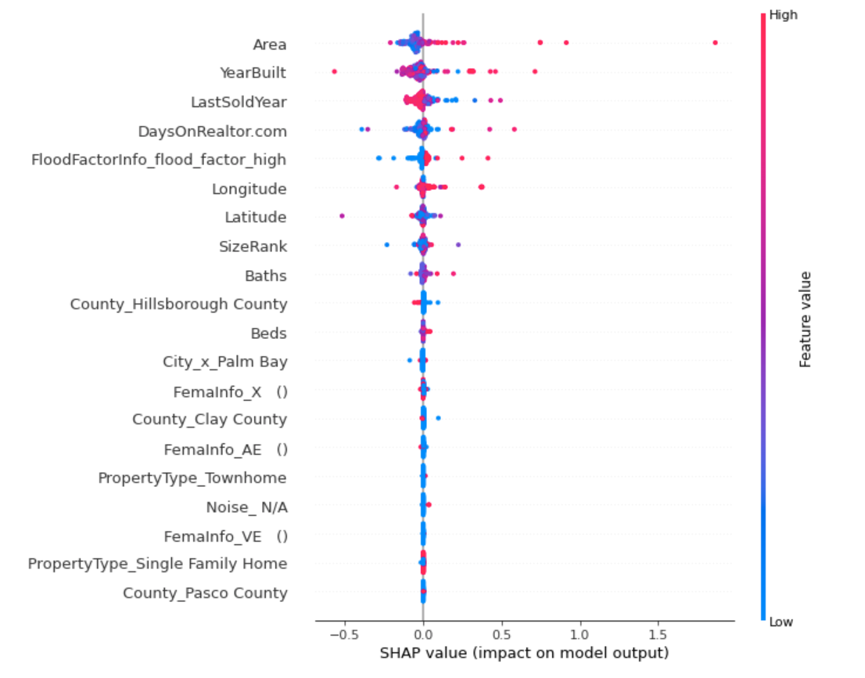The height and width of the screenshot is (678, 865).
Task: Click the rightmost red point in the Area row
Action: (x=715, y=43)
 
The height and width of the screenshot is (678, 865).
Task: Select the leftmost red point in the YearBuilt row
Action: (x=334, y=71)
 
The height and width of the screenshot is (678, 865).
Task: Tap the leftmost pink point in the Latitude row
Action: (x=342, y=215)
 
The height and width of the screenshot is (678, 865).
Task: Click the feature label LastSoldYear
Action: (x=239, y=102)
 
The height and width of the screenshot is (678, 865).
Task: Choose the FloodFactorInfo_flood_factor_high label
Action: (x=158, y=160)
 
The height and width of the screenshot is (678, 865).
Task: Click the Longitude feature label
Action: (x=249, y=189)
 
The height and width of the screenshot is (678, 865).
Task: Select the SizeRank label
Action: (x=253, y=247)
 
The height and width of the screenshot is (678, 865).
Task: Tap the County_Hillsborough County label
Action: (x=178, y=304)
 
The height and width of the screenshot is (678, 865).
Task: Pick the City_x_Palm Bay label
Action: (x=224, y=362)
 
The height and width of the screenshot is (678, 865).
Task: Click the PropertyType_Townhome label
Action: (x=192, y=478)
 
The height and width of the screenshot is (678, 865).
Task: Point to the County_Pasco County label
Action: (x=205, y=593)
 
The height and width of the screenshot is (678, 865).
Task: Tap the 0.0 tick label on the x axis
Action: (x=423, y=633)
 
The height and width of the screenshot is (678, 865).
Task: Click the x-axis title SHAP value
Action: (x=523, y=653)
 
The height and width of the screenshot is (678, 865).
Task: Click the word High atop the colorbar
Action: (x=784, y=14)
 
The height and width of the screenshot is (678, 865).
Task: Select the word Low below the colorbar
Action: (x=782, y=622)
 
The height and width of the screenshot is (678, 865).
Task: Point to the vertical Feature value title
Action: (x=806, y=319)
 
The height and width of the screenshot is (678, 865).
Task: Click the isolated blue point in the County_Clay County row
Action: (x=438, y=418)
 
